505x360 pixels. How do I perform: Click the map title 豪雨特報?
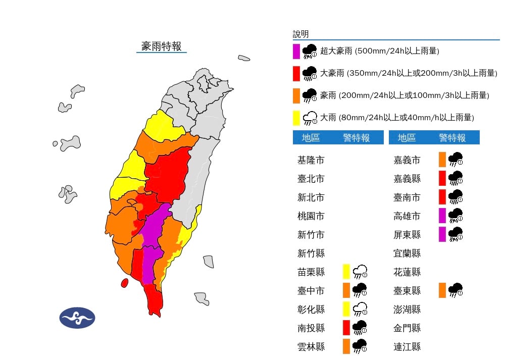click(x=161, y=46)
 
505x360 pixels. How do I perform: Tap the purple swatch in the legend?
click(x=296, y=52)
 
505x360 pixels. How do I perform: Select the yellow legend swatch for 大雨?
click(x=296, y=118)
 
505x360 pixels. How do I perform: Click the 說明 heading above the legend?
click(x=300, y=34)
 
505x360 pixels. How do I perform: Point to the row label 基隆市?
click(x=311, y=160)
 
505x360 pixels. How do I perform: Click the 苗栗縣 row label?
click(x=311, y=272)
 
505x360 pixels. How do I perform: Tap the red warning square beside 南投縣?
click(x=347, y=328)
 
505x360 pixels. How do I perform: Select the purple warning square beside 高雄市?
click(x=442, y=216)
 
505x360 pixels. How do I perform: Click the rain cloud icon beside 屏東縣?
click(x=456, y=234)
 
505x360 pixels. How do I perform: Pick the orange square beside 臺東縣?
click(x=442, y=290)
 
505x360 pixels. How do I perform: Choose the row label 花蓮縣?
click(x=407, y=272)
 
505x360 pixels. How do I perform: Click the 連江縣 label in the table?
click(x=407, y=347)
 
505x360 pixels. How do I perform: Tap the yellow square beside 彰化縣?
click(x=347, y=309)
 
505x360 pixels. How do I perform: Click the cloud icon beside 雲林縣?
click(x=360, y=346)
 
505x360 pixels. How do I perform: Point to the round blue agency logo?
click(x=77, y=318)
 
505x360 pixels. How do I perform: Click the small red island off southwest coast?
click(x=124, y=283)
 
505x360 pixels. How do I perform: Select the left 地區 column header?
click(x=311, y=138)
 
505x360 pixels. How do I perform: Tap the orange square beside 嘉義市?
click(x=442, y=160)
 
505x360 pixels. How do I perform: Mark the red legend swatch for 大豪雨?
click(x=296, y=73)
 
